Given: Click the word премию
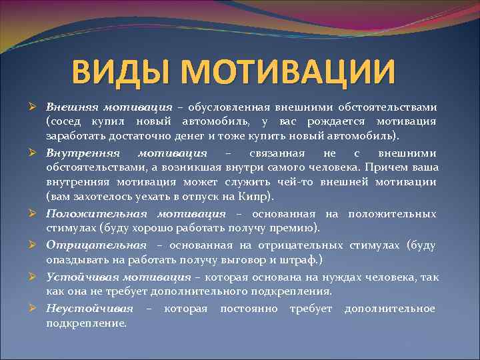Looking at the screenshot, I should point(291,228).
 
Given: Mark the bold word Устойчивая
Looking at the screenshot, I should point(79,277).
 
